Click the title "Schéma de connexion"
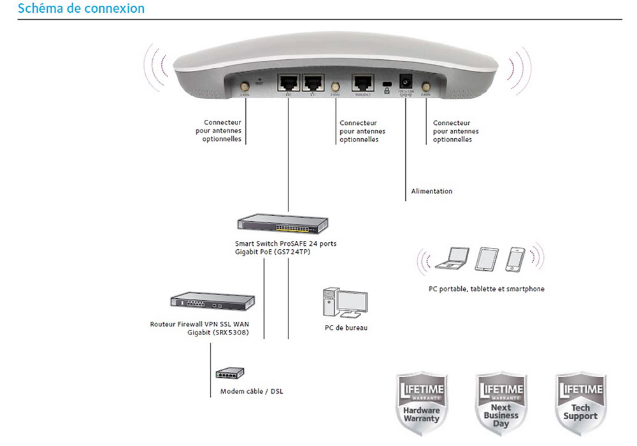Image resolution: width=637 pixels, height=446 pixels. pyautogui.click(x=82, y=9)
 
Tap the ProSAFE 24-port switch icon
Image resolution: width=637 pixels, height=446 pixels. pyautogui.click(x=282, y=224)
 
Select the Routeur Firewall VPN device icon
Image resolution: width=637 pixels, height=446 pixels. pyautogui.click(x=212, y=302)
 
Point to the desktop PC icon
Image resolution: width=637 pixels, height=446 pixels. pyautogui.click(x=345, y=302)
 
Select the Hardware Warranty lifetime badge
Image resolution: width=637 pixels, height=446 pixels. pyautogui.click(x=421, y=403)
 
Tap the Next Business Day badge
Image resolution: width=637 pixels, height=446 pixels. pyautogui.click(x=500, y=403)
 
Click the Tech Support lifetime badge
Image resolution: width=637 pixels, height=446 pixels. pyautogui.click(x=580, y=403)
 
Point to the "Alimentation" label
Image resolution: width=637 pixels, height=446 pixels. pyautogui.click(x=431, y=191)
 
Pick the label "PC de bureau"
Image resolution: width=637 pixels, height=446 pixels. pyautogui.click(x=346, y=328)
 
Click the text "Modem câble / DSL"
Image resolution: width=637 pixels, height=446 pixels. pyautogui.click(x=252, y=391)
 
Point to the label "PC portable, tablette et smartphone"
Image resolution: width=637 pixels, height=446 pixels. pyautogui.click(x=487, y=289)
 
